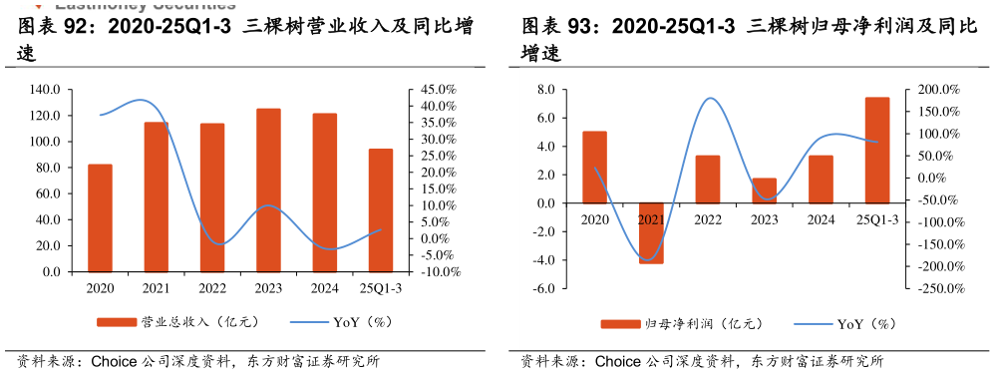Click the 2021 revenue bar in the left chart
point(156,196)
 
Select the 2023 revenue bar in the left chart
point(268,189)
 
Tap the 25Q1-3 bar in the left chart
point(381,209)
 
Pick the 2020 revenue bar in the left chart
point(100,217)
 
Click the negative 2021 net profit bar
point(651,233)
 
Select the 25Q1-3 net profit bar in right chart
point(877,150)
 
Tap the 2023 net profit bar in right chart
point(764,190)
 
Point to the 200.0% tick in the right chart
point(937,90)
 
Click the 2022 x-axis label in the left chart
point(212,289)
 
